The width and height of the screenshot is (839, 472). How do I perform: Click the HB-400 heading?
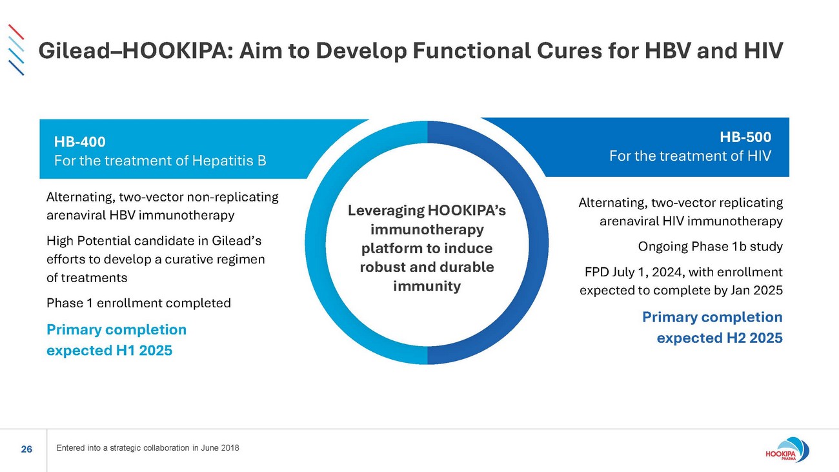pos(80,141)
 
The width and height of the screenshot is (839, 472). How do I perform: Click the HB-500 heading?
pos(745,137)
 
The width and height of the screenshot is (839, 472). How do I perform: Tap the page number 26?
pos(26,449)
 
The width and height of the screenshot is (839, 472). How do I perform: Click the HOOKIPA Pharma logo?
pos(787,450)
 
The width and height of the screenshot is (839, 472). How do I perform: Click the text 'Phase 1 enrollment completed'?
pos(139,303)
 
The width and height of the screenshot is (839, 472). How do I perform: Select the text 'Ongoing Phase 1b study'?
pos(710,246)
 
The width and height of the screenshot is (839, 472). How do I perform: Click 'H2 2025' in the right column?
pos(754,338)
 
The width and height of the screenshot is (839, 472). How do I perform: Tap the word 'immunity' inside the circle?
pos(427,286)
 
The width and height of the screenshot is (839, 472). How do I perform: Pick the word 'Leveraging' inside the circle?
pos(385,210)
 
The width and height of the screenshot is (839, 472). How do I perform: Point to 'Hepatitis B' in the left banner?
pos(229,161)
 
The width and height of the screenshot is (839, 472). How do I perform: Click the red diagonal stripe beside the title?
pos(16,32)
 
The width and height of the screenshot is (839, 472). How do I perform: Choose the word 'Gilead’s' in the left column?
pos(237,240)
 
